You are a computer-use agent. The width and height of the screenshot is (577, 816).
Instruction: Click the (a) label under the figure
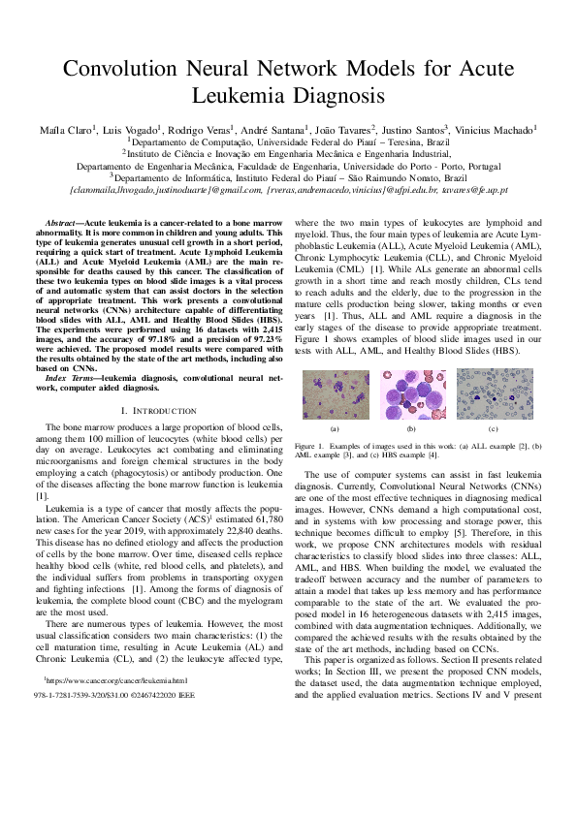[334, 455]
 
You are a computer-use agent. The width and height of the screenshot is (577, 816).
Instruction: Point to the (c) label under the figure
[493, 455]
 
